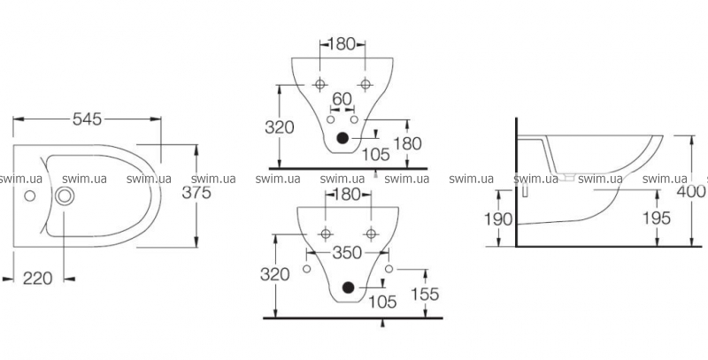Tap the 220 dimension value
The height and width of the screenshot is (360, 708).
pyautogui.click(x=37, y=279)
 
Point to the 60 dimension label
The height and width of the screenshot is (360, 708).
pyautogui.click(x=342, y=98)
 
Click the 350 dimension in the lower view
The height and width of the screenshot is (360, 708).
pyautogui.click(x=346, y=253)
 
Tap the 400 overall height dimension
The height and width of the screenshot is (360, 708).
pyautogui.click(x=695, y=191)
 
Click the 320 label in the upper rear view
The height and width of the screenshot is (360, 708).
pyautogui.click(x=280, y=126)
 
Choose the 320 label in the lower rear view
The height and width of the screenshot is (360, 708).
pyautogui.click(x=278, y=274)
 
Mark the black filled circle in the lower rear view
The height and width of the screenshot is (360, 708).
pyautogui.click(x=348, y=287)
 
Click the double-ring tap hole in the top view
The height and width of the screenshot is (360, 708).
pyautogui.click(x=65, y=196)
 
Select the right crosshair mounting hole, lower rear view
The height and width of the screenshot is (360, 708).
pyautogui.click(x=373, y=234)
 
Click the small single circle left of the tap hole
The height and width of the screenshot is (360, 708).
pyautogui.click(x=29, y=196)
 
